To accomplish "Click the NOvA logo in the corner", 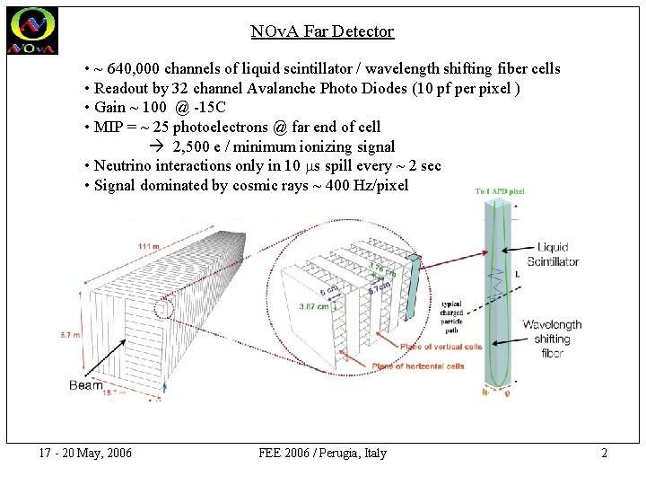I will [32, 31].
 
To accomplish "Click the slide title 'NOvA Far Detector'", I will [322, 31].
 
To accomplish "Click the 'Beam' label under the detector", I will [86, 385].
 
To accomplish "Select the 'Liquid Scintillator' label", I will [553, 254].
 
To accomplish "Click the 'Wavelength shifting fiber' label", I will [552, 339].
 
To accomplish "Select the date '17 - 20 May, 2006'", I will [86, 453].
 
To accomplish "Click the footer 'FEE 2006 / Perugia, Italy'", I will [322, 453].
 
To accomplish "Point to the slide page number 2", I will [604, 453].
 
